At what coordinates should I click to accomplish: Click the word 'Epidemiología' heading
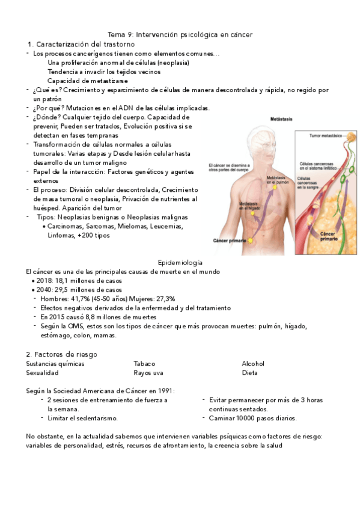click(180, 263)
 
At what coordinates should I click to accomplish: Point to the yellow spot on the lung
click(275, 187)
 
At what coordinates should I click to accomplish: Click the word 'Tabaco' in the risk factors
click(144, 364)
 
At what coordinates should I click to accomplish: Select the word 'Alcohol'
click(253, 364)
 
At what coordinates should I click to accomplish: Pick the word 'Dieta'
click(249, 373)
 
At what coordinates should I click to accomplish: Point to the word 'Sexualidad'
click(42, 373)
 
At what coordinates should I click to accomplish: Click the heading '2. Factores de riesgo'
click(61, 354)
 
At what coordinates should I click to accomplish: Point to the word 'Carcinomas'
click(66, 227)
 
